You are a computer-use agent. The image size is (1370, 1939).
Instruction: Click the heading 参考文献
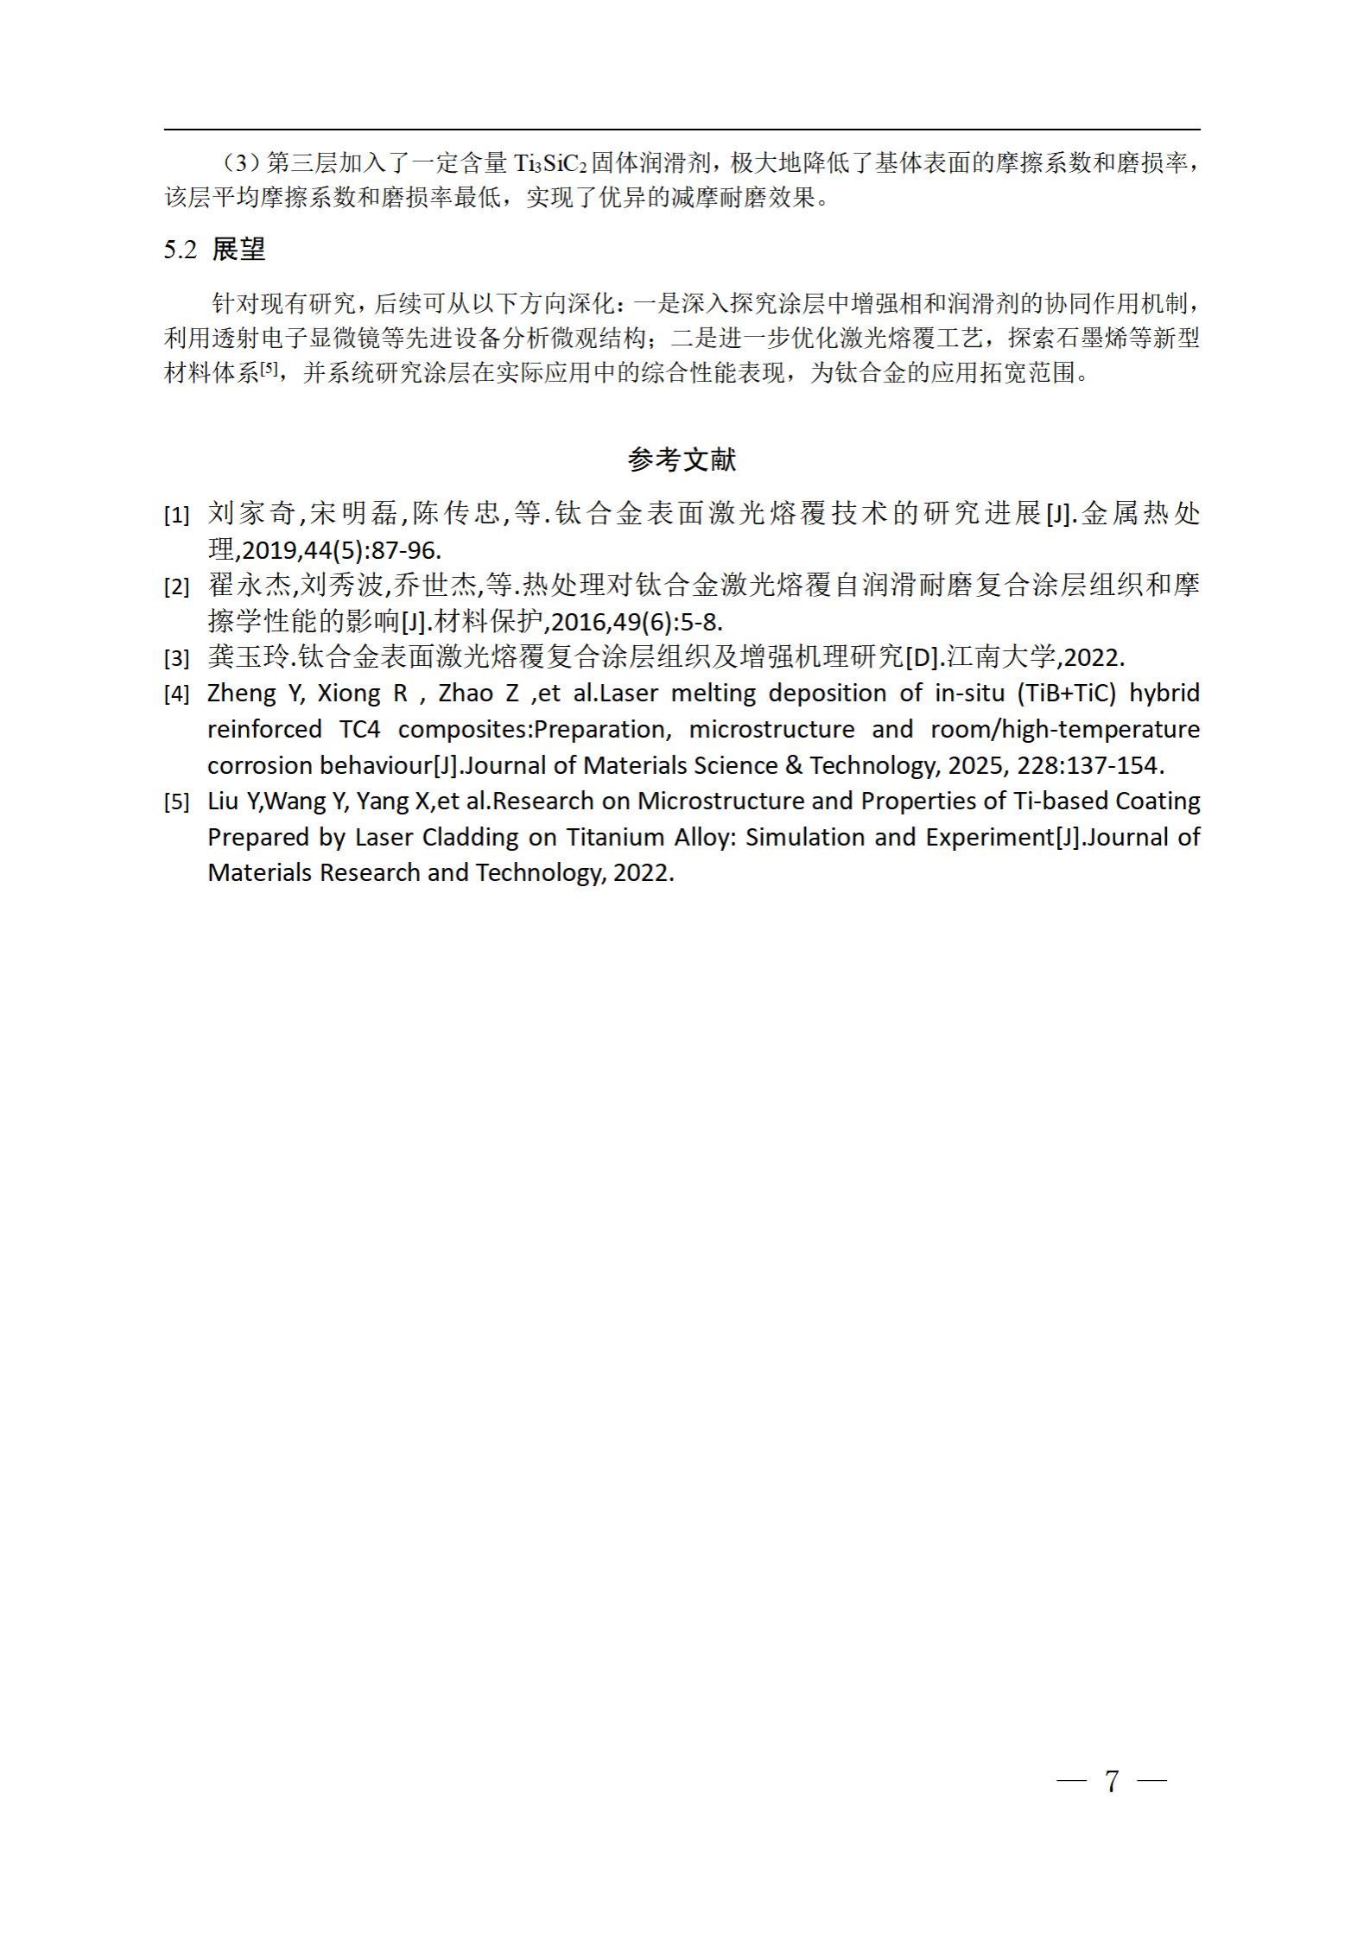pyautogui.click(x=682, y=460)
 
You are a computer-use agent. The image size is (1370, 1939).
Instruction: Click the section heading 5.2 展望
pyautogui.click(x=214, y=250)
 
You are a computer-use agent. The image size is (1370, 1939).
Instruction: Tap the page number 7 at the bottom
pyautogui.click(x=1112, y=1780)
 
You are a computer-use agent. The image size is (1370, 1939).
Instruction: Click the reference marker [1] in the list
pyautogui.click(x=176, y=516)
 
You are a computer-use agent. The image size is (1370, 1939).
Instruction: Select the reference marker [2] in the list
pyautogui.click(x=176, y=588)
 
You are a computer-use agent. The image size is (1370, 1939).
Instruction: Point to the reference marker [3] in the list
pyautogui.click(x=176, y=660)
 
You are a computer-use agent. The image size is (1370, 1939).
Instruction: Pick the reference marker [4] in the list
pyautogui.click(x=176, y=695)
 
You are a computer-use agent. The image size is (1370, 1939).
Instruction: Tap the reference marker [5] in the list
pyautogui.click(x=176, y=803)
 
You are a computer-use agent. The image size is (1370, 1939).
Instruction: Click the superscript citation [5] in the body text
pyautogui.click(x=270, y=368)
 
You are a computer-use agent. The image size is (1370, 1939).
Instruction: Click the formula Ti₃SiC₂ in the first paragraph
pyautogui.click(x=549, y=163)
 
